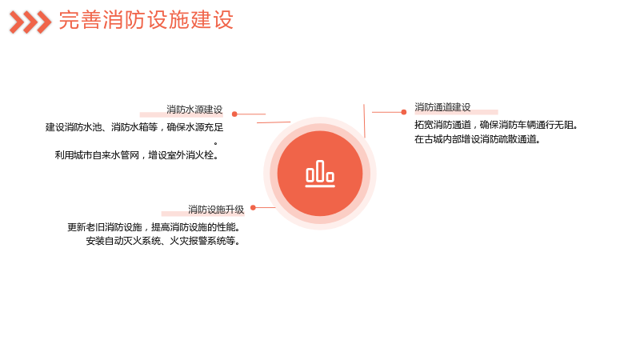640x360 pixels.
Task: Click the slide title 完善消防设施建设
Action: click(146, 20)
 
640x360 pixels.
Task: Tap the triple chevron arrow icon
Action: click(30, 22)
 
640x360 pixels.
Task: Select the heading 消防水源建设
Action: click(194, 110)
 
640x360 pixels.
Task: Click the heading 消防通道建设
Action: click(442, 107)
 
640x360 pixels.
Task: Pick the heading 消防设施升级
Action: click(216, 210)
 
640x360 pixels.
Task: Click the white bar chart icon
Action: click(320, 174)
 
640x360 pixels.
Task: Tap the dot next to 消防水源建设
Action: click(234, 114)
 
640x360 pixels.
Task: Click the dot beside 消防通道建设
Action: click(404, 112)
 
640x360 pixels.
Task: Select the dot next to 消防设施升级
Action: click(253, 207)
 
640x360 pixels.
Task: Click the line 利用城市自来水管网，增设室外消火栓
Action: click(136, 155)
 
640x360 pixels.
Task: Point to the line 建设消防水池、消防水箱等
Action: click(102, 127)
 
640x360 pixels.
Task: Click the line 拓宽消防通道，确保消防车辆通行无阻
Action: click(496, 125)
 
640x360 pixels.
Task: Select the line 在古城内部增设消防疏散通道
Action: click(477, 138)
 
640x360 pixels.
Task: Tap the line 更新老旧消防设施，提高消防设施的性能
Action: click(153, 226)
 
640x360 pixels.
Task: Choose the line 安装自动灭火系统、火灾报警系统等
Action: click(162, 241)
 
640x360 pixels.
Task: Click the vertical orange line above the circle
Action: click(364, 121)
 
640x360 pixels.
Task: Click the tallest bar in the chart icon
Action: click(320, 171)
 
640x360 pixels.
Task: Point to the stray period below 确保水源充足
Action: click(215, 143)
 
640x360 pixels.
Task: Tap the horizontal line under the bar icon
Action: click(320, 186)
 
